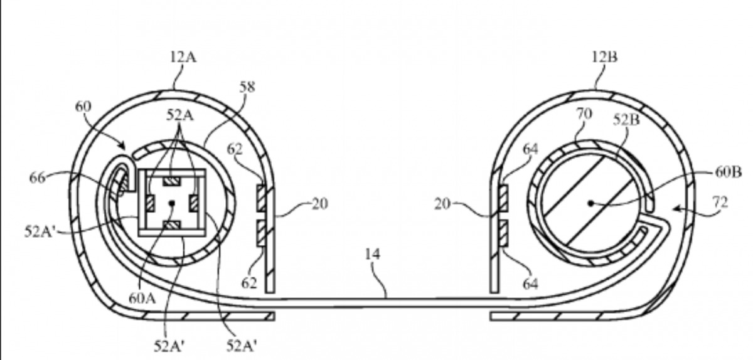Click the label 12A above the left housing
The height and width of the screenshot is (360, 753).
coord(183,58)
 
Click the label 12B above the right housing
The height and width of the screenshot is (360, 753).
coord(604,57)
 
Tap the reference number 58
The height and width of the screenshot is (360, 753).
coord(247,87)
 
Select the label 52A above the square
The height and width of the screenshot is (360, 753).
coord(180,115)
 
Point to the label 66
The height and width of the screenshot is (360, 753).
coord(37,177)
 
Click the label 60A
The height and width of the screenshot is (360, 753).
coord(142,298)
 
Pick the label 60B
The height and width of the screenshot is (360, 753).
coord(728,172)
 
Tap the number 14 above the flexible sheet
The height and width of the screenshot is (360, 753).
coord(373,254)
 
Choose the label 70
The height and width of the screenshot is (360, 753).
coord(584,114)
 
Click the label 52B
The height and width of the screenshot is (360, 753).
coord(626,120)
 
